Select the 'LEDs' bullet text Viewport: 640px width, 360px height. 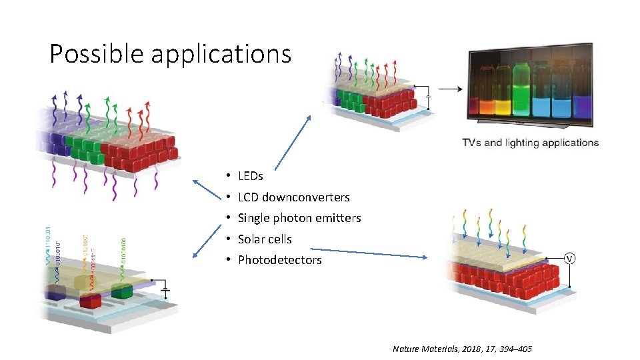[x=251, y=176]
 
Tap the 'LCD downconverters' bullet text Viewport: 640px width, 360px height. [x=293, y=197]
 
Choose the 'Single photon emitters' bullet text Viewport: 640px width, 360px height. [x=299, y=218]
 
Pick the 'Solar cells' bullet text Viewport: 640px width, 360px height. [x=265, y=239]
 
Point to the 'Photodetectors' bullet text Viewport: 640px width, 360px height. [x=279, y=260]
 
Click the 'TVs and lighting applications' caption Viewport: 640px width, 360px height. [x=531, y=143]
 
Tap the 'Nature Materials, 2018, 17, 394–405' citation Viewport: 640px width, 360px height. [x=462, y=349]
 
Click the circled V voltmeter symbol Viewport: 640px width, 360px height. [x=570, y=259]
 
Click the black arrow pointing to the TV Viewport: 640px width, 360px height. [x=452, y=89]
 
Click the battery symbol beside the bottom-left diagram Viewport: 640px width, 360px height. [x=165, y=290]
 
